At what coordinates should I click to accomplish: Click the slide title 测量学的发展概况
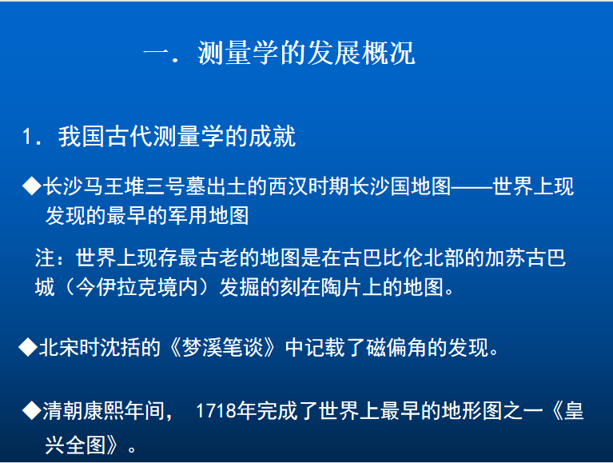tap(306, 53)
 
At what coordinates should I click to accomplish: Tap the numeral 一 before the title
tap(157, 54)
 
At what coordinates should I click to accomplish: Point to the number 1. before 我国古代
tap(31, 137)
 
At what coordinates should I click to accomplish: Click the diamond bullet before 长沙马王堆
tap(32, 186)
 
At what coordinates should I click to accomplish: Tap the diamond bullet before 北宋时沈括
tap(28, 347)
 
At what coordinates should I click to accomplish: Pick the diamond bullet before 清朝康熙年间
tap(32, 410)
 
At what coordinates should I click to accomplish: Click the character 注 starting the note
tap(45, 258)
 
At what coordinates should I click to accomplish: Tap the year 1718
tap(216, 411)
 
